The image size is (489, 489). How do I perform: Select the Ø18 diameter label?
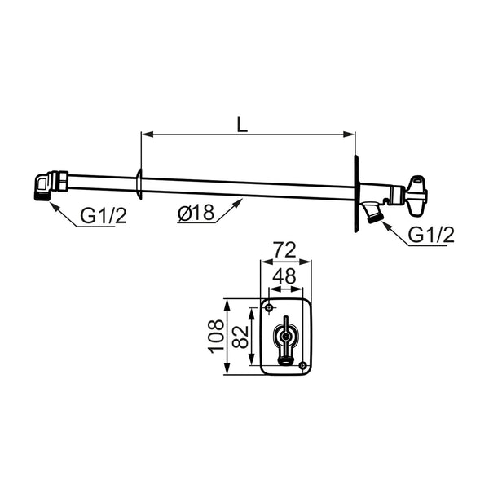pyautogui.click(x=196, y=213)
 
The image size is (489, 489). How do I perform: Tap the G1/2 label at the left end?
pyautogui.click(x=104, y=215)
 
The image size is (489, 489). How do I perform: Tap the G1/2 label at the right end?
pyautogui.click(x=431, y=235)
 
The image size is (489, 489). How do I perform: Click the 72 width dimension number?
pyautogui.click(x=284, y=250)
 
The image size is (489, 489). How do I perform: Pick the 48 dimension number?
pyautogui.click(x=284, y=276)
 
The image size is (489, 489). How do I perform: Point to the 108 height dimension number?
pyautogui.click(x=216, y=336)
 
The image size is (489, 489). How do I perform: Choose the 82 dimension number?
pyautogui.click(x=240, y=337)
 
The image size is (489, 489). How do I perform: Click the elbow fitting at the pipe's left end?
pyautogui.click(x=42, y=186)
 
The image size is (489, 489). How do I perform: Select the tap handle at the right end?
pyautogui.click(x=415, y=196)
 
